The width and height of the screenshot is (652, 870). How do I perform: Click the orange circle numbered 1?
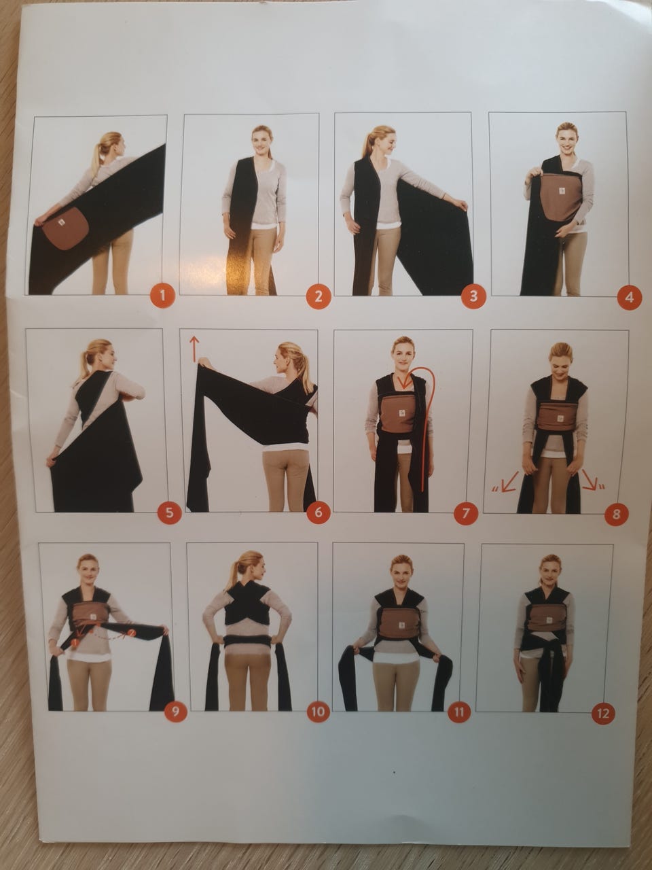click(162, 296)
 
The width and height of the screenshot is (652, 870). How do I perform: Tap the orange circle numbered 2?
click(319, 296)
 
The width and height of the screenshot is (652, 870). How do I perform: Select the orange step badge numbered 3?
click(473, 296)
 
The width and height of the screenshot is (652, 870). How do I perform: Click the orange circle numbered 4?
click(630, 297)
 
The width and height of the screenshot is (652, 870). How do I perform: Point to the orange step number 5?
click(169, 512)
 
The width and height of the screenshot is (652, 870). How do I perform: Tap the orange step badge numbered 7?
click(465, 513)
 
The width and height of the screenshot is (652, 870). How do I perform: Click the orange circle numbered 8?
click(617, 514)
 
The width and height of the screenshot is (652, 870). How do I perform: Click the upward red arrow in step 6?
click(194, 349)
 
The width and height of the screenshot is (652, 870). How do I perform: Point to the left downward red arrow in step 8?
click(509, 482)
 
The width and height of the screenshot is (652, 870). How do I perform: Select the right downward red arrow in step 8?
click(589, 480)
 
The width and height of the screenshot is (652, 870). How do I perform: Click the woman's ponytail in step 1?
click(100, 156)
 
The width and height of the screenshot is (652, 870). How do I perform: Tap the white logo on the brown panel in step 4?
click(562, 192)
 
